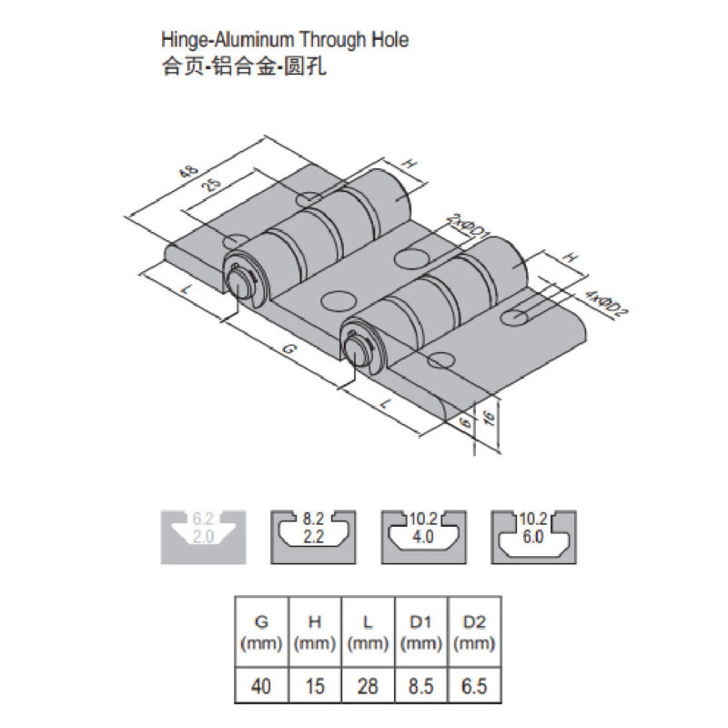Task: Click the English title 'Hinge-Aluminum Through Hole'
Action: pos(285,40)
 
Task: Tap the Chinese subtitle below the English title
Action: pos(244,66)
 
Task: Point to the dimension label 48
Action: pos(189,172)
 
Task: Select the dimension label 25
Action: pos(212,186)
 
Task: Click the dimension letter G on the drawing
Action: pos(288,349)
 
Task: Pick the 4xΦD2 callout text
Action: pos(606,304)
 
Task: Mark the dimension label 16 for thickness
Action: pos(489,419)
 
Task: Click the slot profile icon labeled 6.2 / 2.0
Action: pos(203,537)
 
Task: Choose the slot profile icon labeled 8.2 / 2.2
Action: pos(313,537)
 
